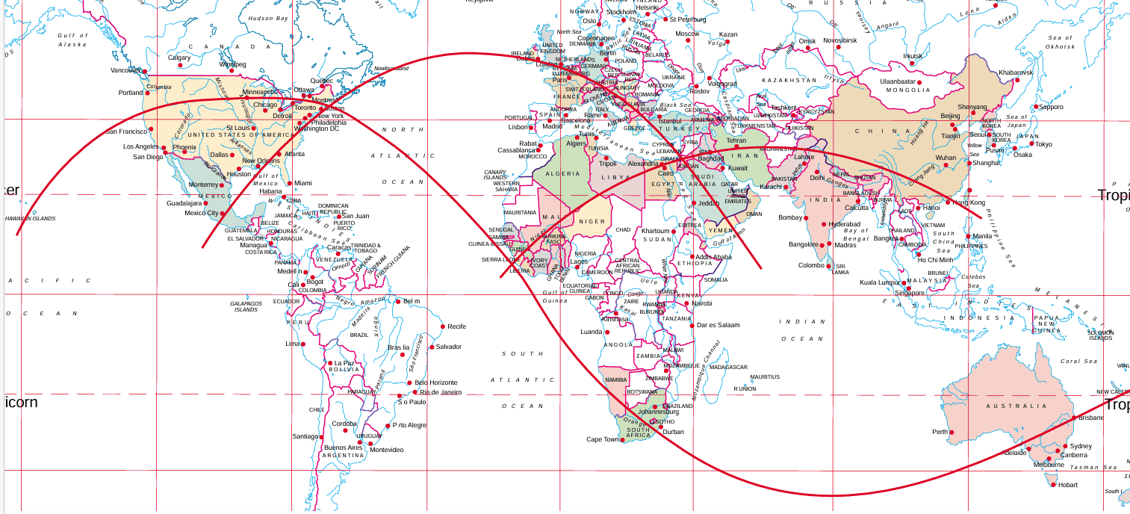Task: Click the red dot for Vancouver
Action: (142, 71)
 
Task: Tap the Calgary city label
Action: (179, 58)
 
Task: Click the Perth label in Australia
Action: (940, 432)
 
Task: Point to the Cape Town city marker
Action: (624, 440)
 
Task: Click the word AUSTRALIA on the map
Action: (1016, 406)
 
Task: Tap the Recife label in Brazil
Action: (456, 326)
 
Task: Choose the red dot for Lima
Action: (302, 344)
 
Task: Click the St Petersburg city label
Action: (688, 19)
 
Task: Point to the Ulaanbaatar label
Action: (897, 81)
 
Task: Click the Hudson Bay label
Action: (268, 18)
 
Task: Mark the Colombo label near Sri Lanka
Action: (811, 265)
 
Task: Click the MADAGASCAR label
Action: (727, 368)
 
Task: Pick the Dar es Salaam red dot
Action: (692, 325)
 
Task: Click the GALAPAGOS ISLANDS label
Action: (246, 306)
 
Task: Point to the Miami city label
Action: (302, 183)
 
